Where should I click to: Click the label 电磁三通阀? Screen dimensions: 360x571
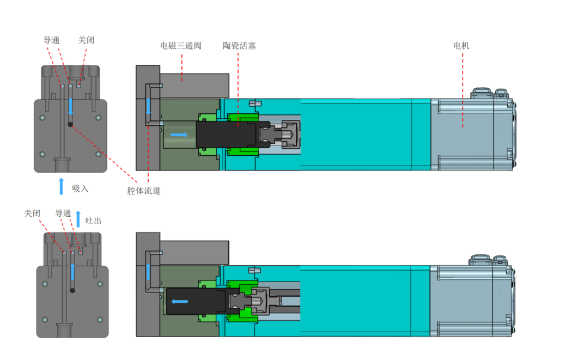coord(180,46)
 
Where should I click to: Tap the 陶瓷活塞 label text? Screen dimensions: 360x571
coord(239,46)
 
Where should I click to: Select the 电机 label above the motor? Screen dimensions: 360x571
coord(461,46)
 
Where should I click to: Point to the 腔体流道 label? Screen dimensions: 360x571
coord(143,191)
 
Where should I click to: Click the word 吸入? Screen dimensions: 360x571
coord(80,189)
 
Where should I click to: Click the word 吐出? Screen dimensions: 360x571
coord(93,221)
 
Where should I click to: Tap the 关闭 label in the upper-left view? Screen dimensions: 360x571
coord(86,40)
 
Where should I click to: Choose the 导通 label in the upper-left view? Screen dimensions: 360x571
coord(51,40)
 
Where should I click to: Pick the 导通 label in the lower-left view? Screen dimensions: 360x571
coord(64,213)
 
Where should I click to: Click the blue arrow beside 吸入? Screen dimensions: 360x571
coord(61,186)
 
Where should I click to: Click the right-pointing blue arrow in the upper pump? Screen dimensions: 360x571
coord(178,134)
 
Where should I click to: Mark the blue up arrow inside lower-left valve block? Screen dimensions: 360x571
coord(72,272)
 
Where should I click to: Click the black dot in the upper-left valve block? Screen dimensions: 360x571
coord(70,124)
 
